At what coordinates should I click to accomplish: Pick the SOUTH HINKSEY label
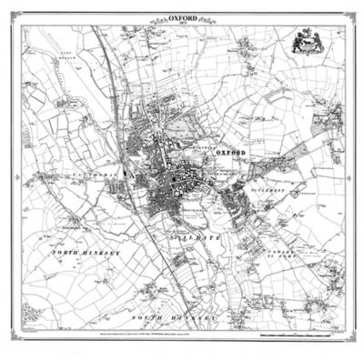tap(177, 317)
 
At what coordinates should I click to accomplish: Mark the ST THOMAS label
tap(102, 169)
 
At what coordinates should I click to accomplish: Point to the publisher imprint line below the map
tap(182, 335)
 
